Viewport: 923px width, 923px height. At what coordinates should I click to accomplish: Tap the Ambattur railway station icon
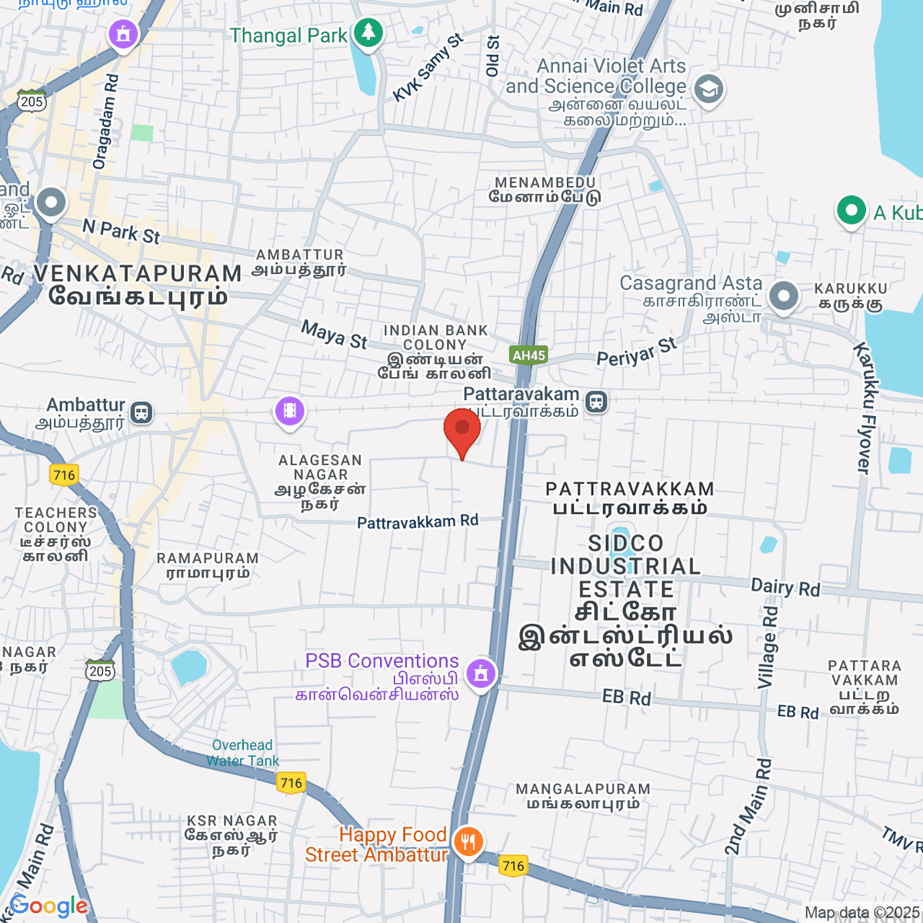(x=141, y=412)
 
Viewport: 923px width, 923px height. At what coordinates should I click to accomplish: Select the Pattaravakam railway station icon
(x=596, y=401)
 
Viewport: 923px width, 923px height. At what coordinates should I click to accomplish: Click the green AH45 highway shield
(x=528, y=355)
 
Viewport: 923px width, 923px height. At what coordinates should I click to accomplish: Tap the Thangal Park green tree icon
(x=368, y=33)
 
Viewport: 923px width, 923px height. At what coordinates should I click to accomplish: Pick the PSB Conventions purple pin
(x=481, y=673)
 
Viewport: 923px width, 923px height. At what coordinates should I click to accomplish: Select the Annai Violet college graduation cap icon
(x=708, y=89)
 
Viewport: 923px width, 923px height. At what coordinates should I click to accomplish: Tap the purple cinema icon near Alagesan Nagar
(x=289, y=410)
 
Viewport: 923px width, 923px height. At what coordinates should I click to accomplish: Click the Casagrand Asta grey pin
(x=783, y=296)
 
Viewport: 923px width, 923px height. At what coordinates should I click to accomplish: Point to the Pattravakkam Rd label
(x=418, y=522)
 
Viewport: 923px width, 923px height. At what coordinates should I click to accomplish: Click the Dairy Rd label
(x=785, y=588)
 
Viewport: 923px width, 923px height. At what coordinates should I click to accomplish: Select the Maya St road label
(x=334, y=335)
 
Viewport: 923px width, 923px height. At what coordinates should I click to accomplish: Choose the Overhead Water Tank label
(x=242, y=753)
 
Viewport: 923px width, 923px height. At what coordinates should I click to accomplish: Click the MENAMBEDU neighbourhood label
(x=545, y=182)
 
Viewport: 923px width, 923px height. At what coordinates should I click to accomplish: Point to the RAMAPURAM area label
(x=207, y=558)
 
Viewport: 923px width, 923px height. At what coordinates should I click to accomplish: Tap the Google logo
(x=48, y=906)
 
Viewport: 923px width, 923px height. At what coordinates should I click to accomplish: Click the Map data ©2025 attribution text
(x=861, y=913)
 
